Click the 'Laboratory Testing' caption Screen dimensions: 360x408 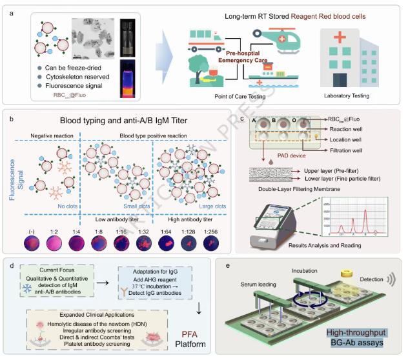click(x=349, y=96)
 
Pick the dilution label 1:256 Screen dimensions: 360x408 click(x=212, y=228)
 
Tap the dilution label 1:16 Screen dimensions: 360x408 click(x=121, y=228)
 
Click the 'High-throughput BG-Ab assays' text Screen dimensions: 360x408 click(x=354, y=337)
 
